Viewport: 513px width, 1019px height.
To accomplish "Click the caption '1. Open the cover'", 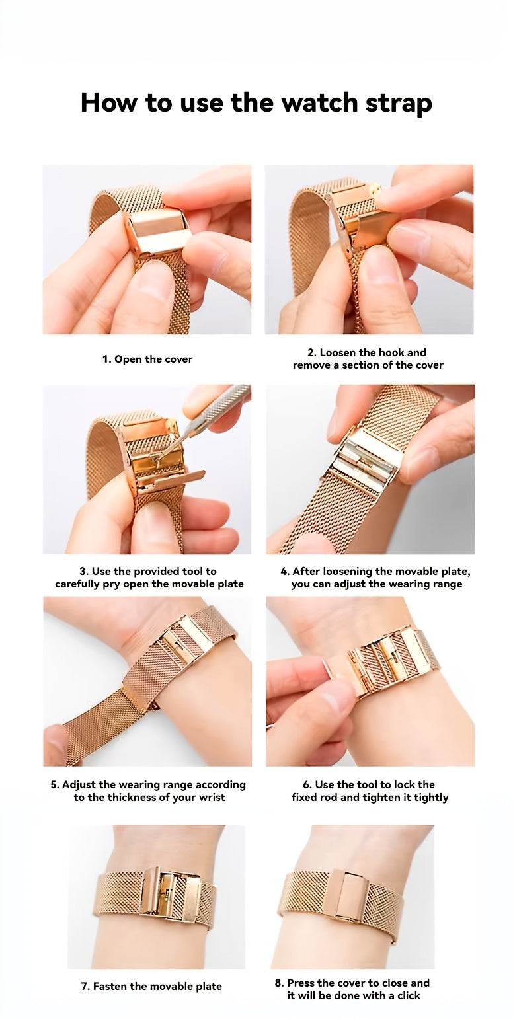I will [x=147, y=359].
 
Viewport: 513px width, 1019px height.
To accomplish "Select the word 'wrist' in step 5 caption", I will [x=210, y=797].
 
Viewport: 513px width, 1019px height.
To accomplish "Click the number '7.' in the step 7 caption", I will [x=85, y=986].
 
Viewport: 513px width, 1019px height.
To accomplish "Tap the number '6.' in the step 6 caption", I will [x=307, y=784].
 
